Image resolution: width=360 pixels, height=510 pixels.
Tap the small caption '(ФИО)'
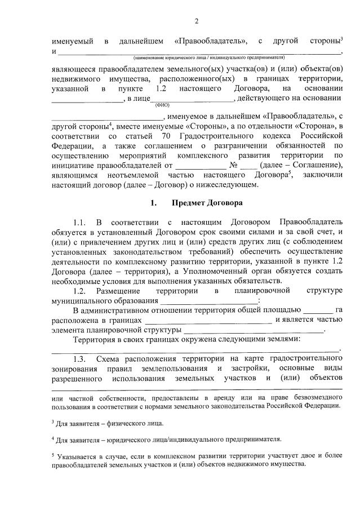159,104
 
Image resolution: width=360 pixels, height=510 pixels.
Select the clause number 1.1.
78,221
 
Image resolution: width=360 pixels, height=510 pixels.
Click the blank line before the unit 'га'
318,311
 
